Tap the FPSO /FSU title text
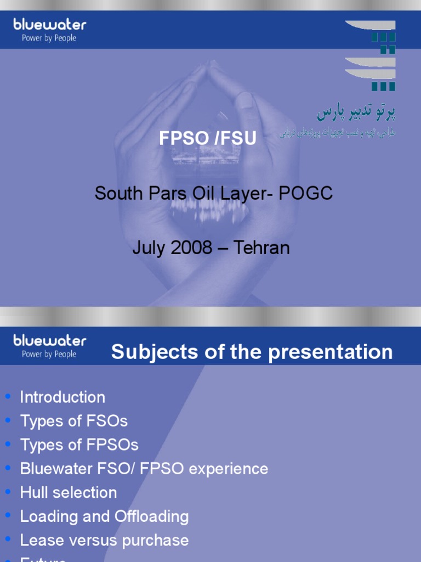(x=207, y=139)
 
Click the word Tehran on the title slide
(x=261, y=248)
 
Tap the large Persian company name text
(x=356, y=113)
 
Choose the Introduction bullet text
(x=62, y=397)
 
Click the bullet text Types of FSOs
(x=73, y=421)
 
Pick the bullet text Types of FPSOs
(x=79, y=445)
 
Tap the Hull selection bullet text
(x=69, y=492)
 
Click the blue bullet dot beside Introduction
(x=8, y=396)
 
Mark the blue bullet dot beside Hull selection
(x=8, y=492)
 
